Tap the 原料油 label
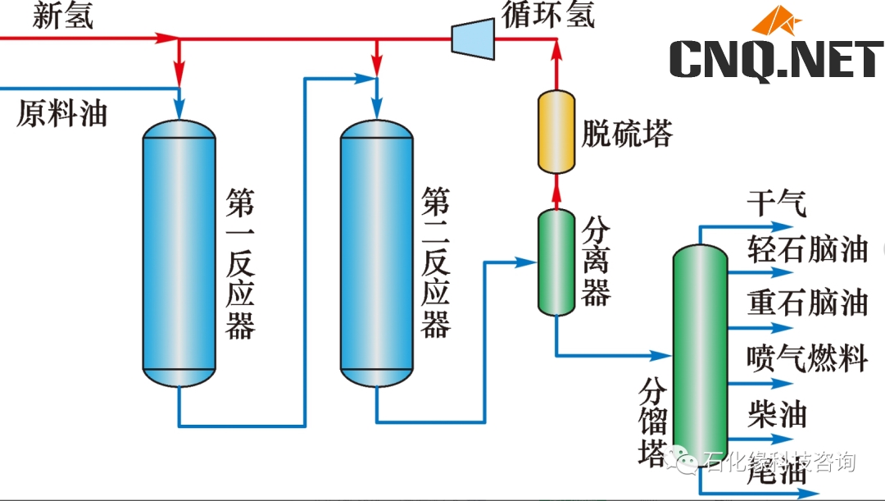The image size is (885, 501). click(61, 114)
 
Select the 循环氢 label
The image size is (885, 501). click(548, 15)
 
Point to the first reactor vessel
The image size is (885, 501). click(179, 250)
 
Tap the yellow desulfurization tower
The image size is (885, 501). click(556, 131)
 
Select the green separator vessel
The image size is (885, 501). click(556, 262)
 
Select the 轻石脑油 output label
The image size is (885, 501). click(807, 249)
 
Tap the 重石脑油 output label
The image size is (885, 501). click(807, 303)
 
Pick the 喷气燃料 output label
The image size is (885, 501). click(807, 358)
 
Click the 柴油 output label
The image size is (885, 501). click(777, 414)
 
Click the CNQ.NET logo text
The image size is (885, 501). click(775, 61)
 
